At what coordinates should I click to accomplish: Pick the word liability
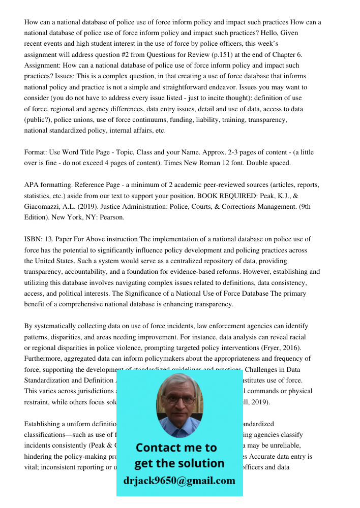(x=208, y=120)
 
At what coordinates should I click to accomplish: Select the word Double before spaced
(x=257, y=163)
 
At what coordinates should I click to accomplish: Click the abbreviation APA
(x=32, y=185)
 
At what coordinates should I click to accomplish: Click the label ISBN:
(x=34, y=239)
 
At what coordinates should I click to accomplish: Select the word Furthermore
(x=44, y=359)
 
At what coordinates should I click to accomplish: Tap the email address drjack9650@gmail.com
(x=179, y=481)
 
